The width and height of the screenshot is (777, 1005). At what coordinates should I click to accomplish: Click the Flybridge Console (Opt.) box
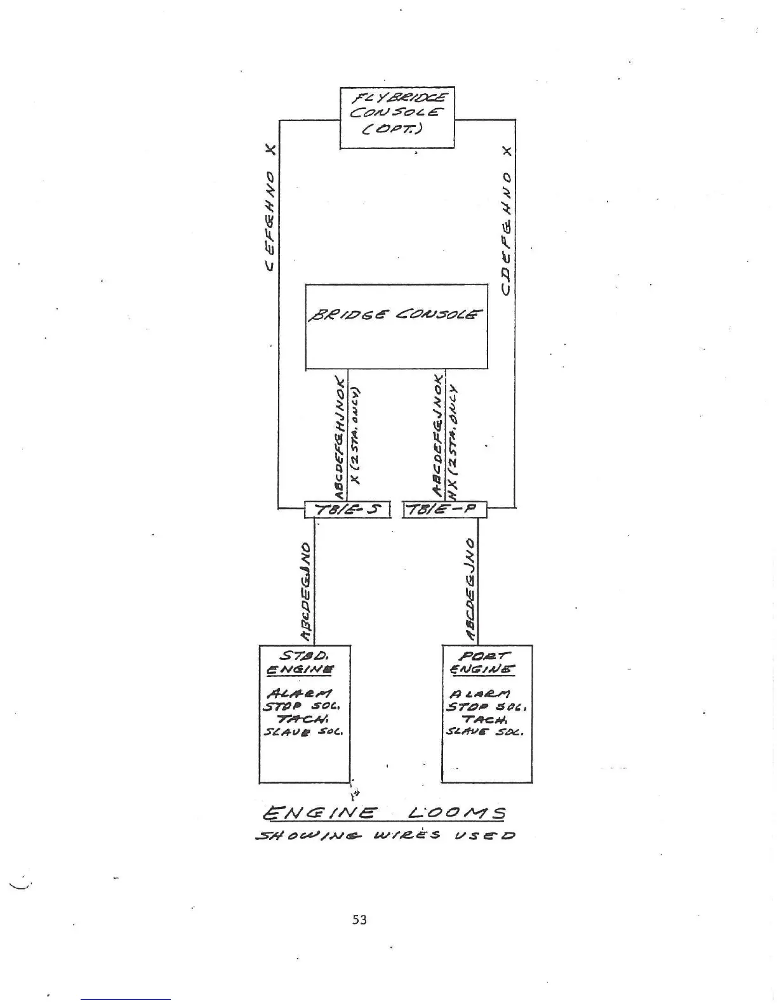tap(397, 118)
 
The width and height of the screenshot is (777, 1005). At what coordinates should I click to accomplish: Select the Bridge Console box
tap(397, 327)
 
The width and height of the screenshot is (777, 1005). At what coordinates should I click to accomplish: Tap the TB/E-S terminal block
tap(347, 509)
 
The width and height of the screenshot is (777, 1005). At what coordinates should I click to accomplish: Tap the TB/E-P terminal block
tap(444, 509)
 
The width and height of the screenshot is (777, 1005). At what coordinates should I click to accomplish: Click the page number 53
tap(359, 919)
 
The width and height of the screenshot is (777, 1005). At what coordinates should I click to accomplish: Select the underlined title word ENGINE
tap(321, 813)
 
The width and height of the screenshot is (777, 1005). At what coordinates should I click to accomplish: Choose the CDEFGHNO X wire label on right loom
tap(506, 221)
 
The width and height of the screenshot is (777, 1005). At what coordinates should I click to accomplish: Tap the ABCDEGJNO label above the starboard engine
tap(306, 591)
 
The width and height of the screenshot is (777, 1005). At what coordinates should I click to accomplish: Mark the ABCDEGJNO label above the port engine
tap(470, 589)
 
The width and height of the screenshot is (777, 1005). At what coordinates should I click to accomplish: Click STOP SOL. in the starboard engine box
tap(303, 706)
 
